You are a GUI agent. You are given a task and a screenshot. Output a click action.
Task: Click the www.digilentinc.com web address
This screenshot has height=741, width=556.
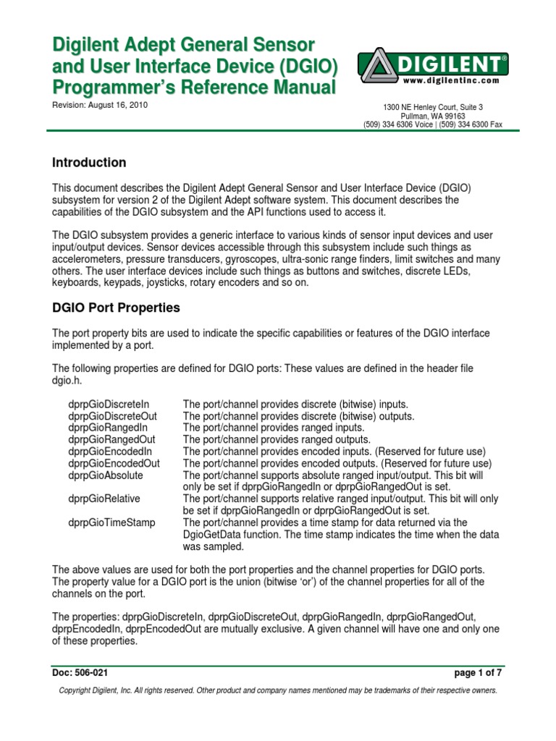[x=452, y=80]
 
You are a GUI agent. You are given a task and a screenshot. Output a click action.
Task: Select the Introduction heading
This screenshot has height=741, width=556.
[x=90, y=163]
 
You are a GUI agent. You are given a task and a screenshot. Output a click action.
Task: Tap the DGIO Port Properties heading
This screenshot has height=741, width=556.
[x=116, y=308]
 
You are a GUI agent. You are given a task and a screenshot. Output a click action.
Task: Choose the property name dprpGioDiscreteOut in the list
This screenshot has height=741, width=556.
[x=112, y=416]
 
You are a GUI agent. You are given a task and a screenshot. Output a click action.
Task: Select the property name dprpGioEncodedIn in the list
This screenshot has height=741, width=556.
[x=110, y=452]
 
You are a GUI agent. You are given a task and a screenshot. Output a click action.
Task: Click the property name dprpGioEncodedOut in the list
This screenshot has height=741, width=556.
[x=114, y=463]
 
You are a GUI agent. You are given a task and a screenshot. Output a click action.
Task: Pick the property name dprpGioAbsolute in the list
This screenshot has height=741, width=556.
[x=106, y=475]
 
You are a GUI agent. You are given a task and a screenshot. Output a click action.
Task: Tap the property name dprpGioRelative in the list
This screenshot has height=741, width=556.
[x=104, y=499]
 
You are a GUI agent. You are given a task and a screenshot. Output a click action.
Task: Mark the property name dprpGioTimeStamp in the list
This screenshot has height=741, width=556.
[x=111, y=522]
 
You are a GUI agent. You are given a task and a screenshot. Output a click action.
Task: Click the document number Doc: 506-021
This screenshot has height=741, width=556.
[x=80, y=672]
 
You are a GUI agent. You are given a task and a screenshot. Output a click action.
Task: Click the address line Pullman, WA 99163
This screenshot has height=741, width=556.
[x=434, y=116]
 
